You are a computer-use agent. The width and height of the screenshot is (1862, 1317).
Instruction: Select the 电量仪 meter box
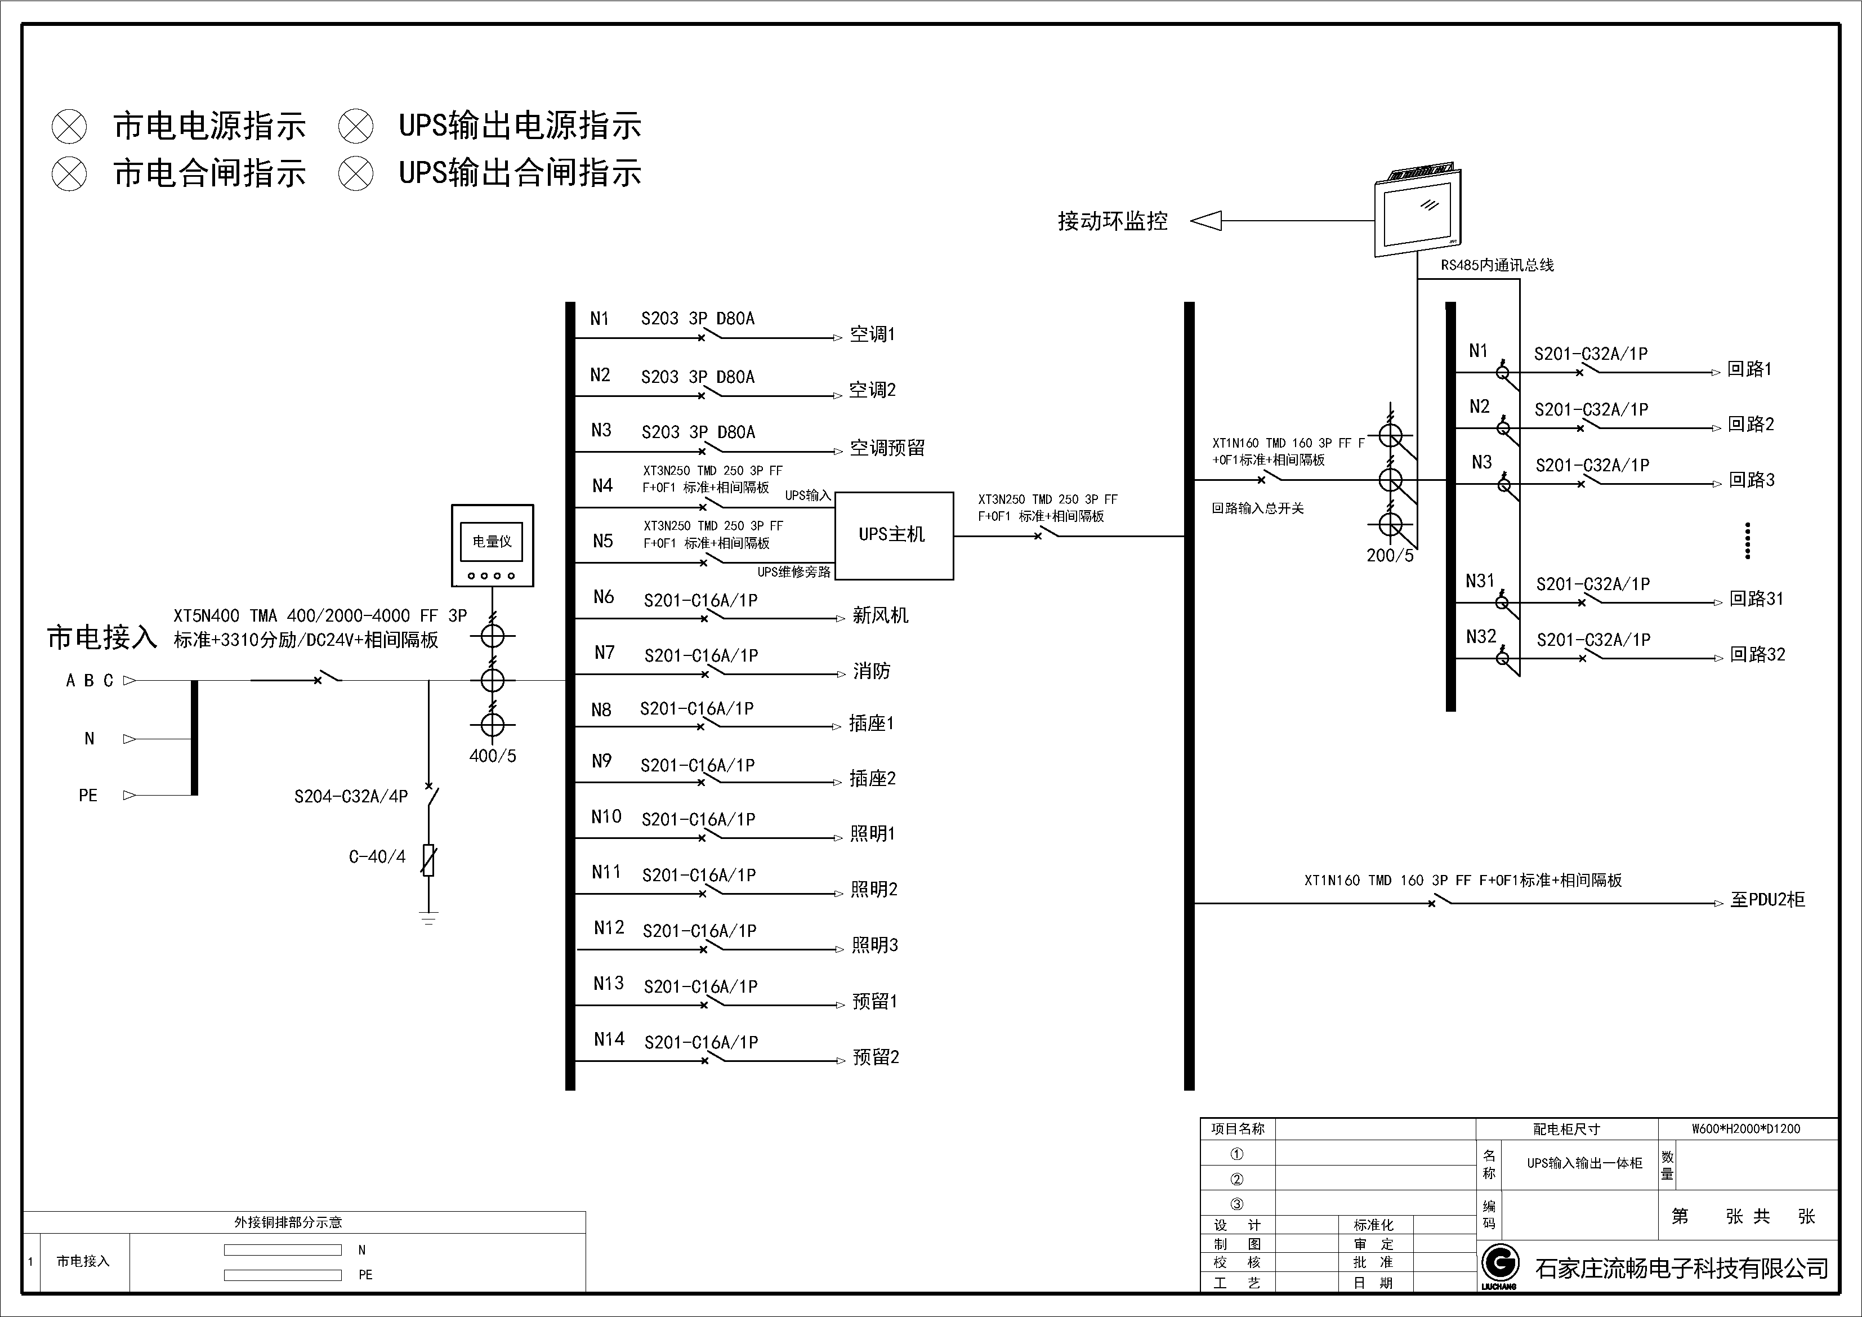click(x=492, y=545)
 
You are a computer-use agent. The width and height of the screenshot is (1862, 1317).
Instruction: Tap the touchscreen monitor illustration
click(x=1416, y=212)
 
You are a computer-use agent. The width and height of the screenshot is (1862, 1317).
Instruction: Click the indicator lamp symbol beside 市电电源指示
click(x=69, y=127)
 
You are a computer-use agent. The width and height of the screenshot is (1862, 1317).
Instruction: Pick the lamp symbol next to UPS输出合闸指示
click(x=355, y=173)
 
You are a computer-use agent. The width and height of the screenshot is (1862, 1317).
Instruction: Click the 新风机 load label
click(x=880, y=615)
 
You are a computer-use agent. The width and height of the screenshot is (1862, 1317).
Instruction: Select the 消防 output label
click(x=872, y=671)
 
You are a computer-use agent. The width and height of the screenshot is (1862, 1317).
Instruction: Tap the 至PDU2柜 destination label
click(x=1767, y=899)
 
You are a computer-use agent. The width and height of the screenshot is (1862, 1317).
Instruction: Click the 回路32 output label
click(x=1757, y=654)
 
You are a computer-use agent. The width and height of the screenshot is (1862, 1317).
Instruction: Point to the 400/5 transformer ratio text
click(x=492, y=756)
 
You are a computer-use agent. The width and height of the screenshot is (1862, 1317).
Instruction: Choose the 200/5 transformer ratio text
click(x=1389, y=556)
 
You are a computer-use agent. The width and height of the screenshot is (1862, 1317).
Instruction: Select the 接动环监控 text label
click(x=1112, y=221)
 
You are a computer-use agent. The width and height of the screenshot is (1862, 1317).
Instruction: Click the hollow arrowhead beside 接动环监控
click(x=1206, y=221)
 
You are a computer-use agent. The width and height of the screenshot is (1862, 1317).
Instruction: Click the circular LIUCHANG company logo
click(x=1499, y=1264)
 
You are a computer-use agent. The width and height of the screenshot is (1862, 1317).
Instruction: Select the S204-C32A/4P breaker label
click(x=350, y=796)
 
